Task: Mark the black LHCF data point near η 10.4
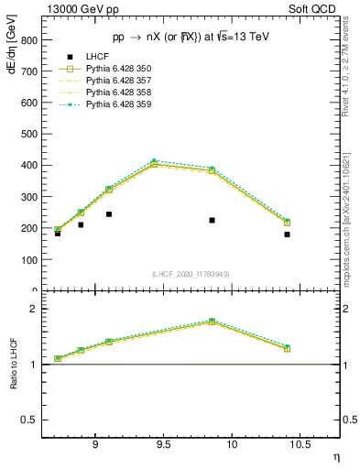tap(287, 234)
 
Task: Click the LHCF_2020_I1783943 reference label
tap(190, 274)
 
